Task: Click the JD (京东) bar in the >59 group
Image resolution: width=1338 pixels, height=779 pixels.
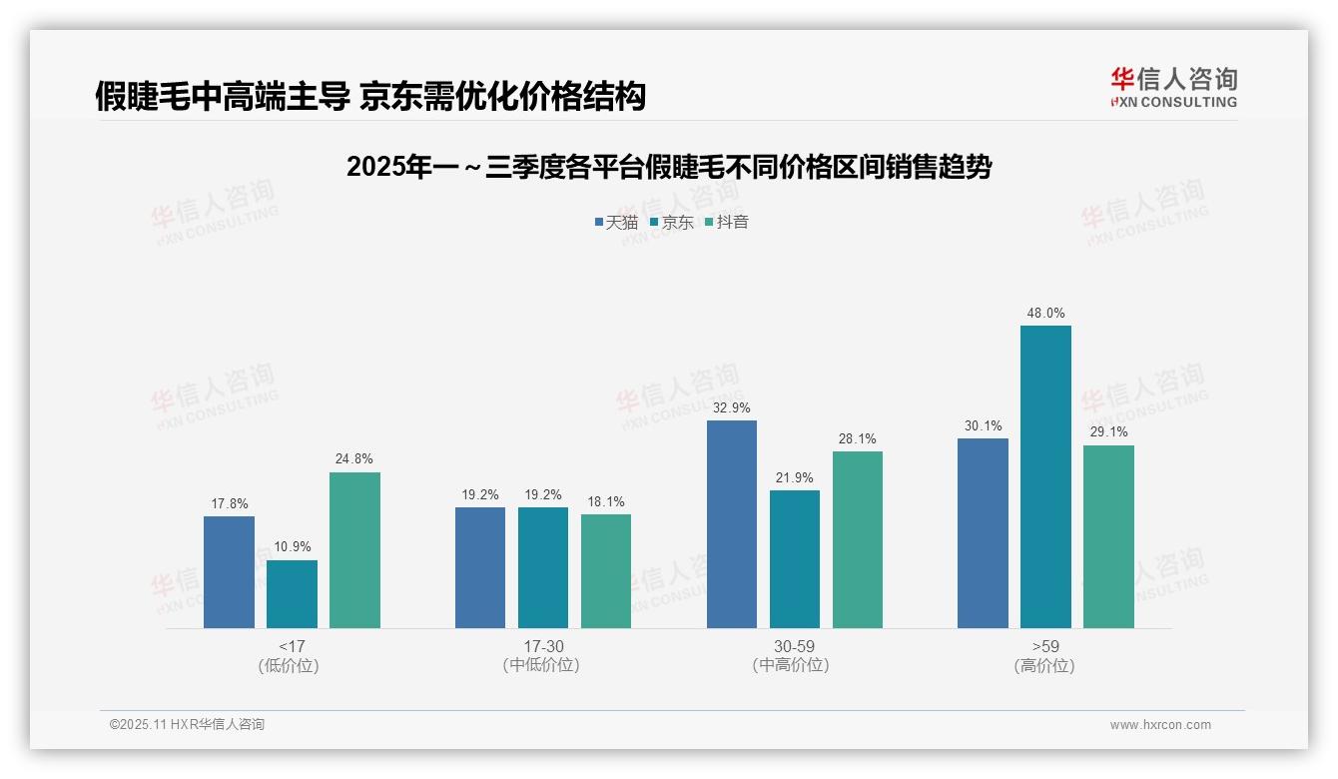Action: tap(1045, 477)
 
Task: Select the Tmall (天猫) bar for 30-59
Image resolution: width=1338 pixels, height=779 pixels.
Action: tap(732, 524)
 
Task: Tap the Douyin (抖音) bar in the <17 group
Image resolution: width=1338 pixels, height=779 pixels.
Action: tap(354, 550)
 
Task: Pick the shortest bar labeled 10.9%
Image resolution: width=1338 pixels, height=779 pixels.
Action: tap(292, 594)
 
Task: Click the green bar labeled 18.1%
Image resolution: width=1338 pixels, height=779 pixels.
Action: tap(606, 571)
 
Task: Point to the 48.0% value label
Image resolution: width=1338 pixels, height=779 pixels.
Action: tap(1045, 314)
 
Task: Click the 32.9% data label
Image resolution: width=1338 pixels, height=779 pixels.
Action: tap(732, 408)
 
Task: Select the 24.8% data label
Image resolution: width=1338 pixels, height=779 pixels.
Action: tap(354, 459)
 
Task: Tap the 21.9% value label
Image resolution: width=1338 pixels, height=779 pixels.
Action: tap(795, 478)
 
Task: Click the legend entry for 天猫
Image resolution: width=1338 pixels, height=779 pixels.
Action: tap(616, 223)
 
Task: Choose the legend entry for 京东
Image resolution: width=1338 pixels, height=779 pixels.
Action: tap(672, 223)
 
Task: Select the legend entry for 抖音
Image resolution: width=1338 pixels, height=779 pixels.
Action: tap(727, 223)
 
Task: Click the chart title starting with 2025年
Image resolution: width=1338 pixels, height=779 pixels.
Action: tap(669, 168)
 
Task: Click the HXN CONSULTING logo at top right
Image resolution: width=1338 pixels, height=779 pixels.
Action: tap(1173, 88)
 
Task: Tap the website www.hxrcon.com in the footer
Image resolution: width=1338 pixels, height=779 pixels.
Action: tap(1160, 725)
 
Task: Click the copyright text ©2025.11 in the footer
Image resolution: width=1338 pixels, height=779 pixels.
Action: tap(187, 725)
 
